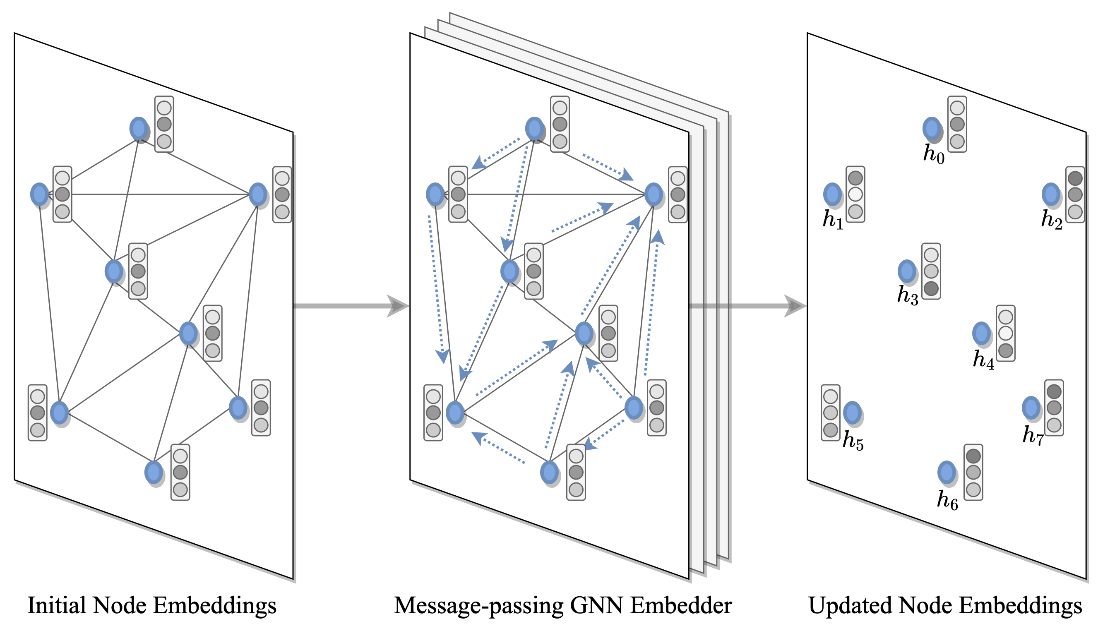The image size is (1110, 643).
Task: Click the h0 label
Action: point(933,155)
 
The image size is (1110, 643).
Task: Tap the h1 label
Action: point(833,219)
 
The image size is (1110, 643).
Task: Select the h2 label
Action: point(1051,219)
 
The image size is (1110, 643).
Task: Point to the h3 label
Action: point(907,295)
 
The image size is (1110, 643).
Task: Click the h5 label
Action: point(853,440)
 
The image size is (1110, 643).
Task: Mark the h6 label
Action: point(947,500)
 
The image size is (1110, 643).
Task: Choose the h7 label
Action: point(1033,436)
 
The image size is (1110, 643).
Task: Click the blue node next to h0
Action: point(932,129)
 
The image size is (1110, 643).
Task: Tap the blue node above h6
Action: point(947,473)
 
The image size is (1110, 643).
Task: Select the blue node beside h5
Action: point(852,413)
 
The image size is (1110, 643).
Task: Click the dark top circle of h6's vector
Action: point(973,456)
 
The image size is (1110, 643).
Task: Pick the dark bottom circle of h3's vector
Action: point(931,289)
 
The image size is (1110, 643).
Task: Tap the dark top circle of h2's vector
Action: point(1075,178)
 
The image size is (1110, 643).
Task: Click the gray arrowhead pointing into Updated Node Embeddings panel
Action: point(795,306)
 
